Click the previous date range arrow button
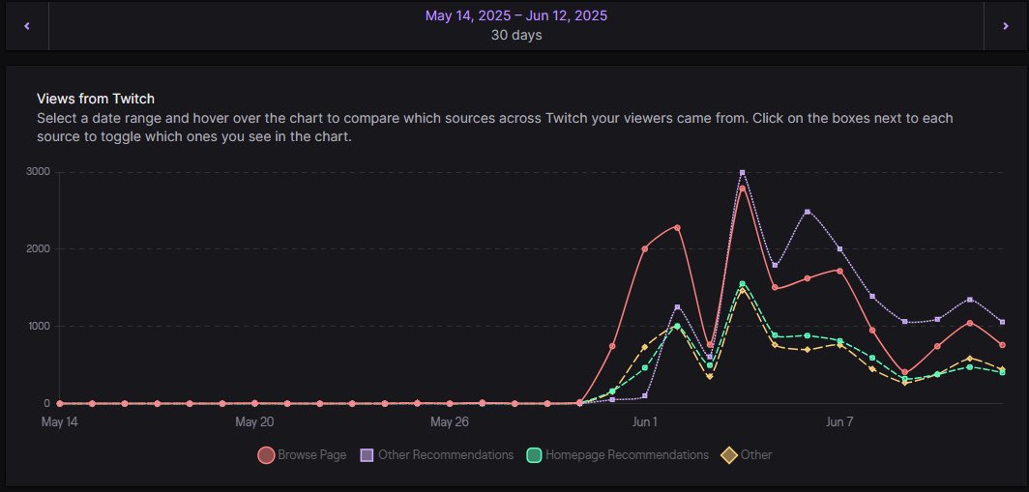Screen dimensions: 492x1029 tap(26, 26)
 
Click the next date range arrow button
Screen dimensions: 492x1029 tap(1004, 26)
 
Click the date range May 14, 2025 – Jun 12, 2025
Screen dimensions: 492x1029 tap(515, 15)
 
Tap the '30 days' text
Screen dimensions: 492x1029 tap(515, 36)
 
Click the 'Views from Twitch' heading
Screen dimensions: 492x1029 tap(96, 99)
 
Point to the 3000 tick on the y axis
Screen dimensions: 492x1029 tap(40, 172)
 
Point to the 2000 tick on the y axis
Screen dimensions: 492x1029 tap(40, 249)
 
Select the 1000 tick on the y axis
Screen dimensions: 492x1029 tap(40, 326)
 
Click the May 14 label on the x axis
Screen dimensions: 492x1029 tap(59, 422)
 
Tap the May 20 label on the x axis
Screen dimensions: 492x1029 tap(254, 422)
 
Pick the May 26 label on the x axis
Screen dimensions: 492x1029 tap(449, 422)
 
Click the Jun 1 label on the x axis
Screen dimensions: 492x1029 tap(645, 422)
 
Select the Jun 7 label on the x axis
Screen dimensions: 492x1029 tap(839, 422)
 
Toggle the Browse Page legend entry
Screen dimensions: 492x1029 tap(302, 455)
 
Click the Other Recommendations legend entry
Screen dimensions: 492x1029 tap(436, 455)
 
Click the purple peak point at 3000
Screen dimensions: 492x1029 tap(742, 173)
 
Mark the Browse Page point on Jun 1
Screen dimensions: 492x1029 tap(645, 248)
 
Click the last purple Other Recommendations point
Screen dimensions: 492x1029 tap(1002, 322)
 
